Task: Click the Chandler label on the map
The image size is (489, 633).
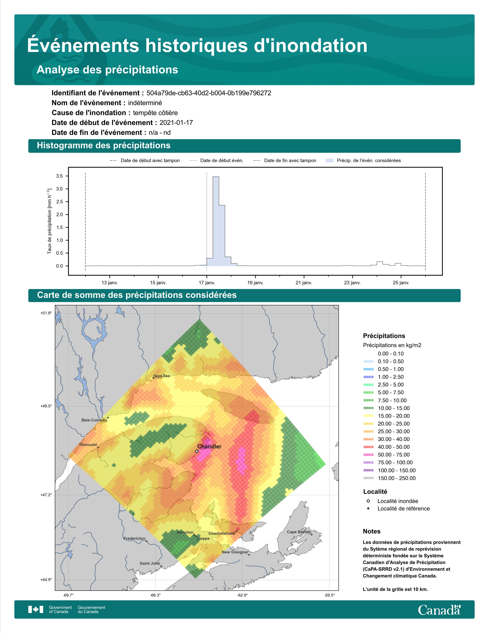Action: (209, 447)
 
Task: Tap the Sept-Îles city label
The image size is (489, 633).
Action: (162, 376)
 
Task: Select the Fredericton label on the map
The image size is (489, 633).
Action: (134, 538)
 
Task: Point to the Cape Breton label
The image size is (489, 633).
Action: (299, 532)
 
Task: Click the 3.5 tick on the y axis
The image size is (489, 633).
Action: (59, 176)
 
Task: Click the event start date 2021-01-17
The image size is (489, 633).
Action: (176, 123)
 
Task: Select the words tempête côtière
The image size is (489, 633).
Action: (155, 113)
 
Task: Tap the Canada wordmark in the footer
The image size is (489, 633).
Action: (439, 610)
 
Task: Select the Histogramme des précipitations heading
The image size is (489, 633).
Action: (104, 146)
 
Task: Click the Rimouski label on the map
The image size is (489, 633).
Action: (88, 445)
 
